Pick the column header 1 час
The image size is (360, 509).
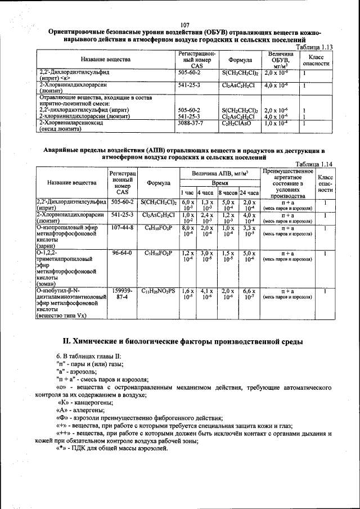(x=187, y=192)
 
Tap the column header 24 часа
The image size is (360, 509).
(x=249, y=192)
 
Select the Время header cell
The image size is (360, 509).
(x=219, y=183)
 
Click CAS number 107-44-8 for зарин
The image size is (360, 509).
(x=122, y=228)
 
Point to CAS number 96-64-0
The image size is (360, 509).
(x=122, y=254)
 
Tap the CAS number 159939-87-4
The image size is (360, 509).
(x=122, y=294)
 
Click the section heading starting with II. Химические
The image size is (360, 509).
(x=185, y=341)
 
